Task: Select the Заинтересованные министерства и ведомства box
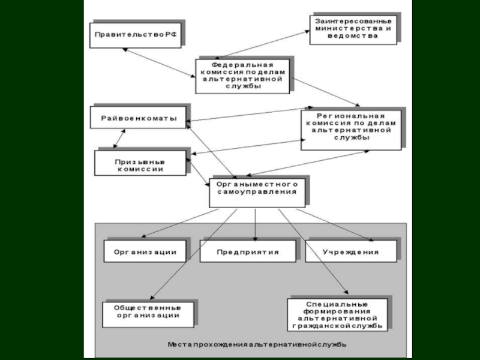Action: pyautogui.click(x=353, y=28)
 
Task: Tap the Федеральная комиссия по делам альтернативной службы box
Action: pyautogui.click(x=242, y=75)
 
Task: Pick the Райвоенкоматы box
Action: pyautogui.click(x=138, y=118)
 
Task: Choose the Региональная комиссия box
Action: pyautogui.click(x=352, y=128)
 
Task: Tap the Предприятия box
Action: pyautogui.click(x=248, y=252)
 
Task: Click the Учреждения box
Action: pyautogui.click(x=351, y=252)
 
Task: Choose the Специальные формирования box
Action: pyautogui.click(x=337, y=313)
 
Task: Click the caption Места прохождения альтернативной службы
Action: pyautogui.click(x=257, y=345)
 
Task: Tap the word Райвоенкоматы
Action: pyautogui.click(x=138, y=118)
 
